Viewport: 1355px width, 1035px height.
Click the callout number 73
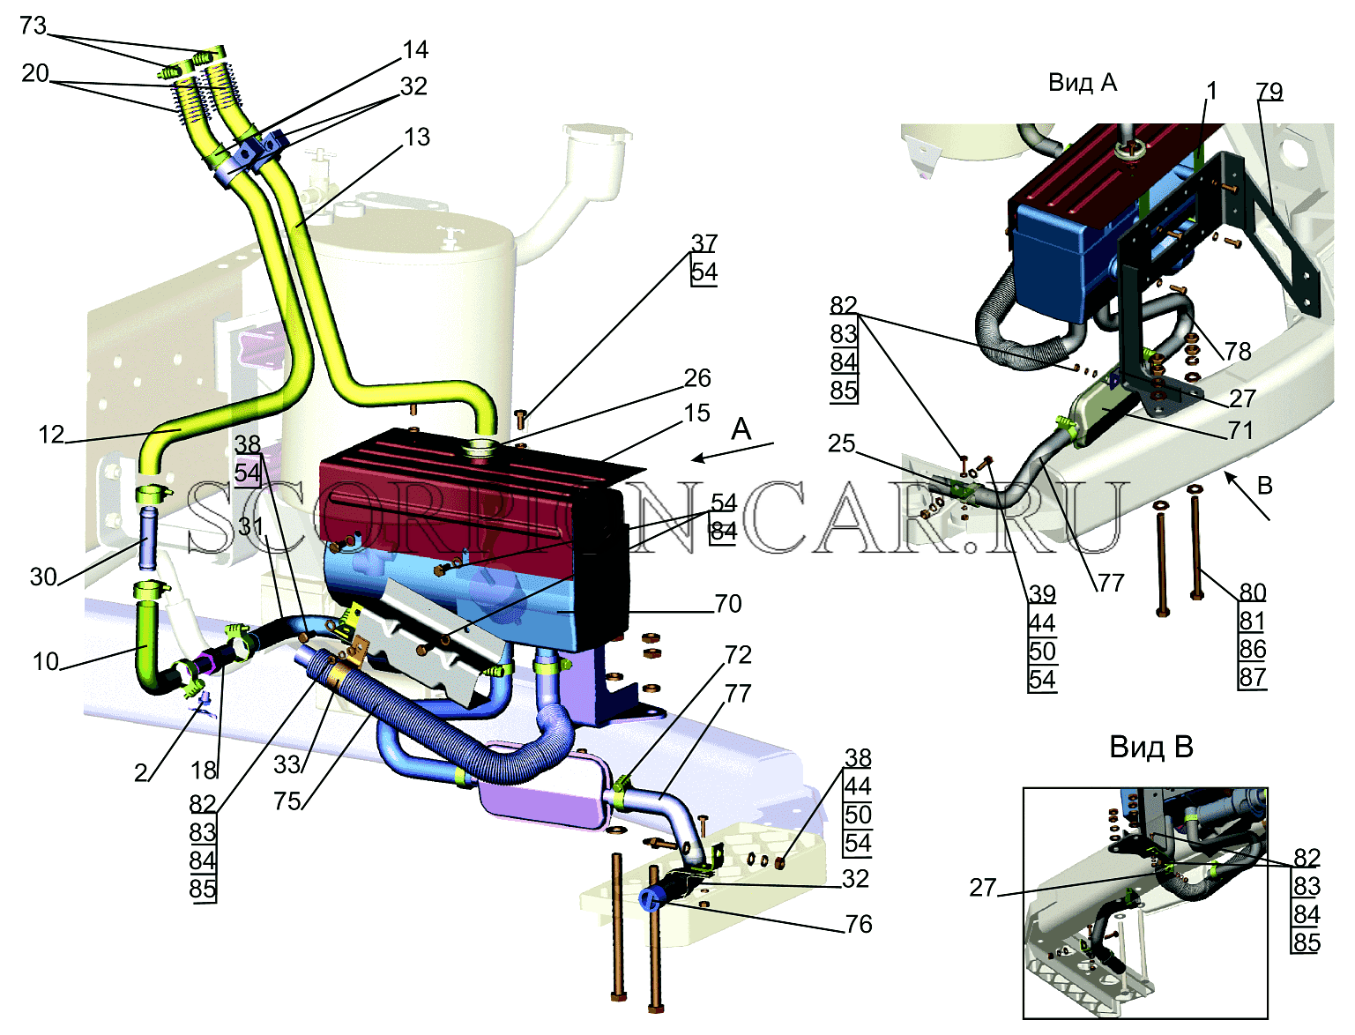33,26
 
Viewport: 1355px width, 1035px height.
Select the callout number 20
35,73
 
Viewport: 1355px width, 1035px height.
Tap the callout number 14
415,50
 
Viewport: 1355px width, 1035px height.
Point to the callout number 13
417,137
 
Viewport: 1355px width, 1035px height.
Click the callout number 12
51,436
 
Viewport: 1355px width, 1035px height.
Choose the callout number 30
43,577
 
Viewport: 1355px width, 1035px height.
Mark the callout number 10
46,661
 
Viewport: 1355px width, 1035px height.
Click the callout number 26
697,377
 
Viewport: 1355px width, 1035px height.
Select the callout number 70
728,604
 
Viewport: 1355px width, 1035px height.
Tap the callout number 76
858,924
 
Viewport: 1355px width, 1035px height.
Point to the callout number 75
287,801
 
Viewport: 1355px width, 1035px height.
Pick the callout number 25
841,443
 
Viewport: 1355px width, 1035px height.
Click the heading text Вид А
1083,83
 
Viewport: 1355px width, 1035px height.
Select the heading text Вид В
1151,748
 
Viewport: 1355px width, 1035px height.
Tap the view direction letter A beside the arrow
741,429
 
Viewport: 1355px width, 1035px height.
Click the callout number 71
1240,430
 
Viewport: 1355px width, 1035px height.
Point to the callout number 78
1238,351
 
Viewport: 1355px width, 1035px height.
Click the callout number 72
738,655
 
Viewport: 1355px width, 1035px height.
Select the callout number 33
287,764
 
